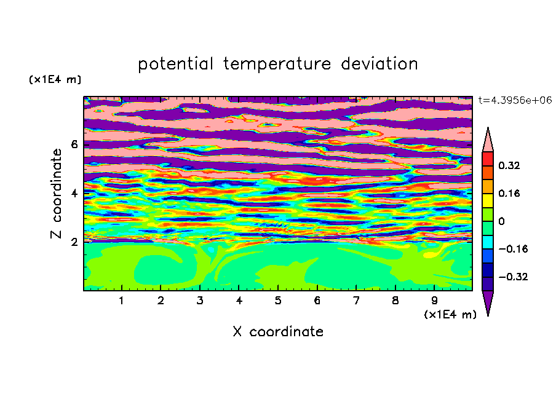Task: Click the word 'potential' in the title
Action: [175, 65]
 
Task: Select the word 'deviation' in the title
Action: [379, 64]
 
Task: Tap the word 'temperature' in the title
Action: [277, 65]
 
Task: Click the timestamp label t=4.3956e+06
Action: [515, 100]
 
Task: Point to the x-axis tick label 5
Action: [278, 301]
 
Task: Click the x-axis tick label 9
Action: [434, 301]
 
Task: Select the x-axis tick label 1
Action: [122, 301]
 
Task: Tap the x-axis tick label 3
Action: [200, 301]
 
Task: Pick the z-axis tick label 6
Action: [74, 144]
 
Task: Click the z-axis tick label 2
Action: [74, 242]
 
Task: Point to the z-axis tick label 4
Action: [74, 194]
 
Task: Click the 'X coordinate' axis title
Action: [278, 331]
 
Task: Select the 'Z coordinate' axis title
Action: [57, 194]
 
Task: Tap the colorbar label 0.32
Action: [509, 165]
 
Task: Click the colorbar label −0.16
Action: [513, 249]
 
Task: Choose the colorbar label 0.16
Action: [509, 193]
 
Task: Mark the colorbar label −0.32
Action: [513, 277]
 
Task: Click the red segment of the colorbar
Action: [488, 159]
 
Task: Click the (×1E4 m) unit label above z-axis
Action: [55, 79]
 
